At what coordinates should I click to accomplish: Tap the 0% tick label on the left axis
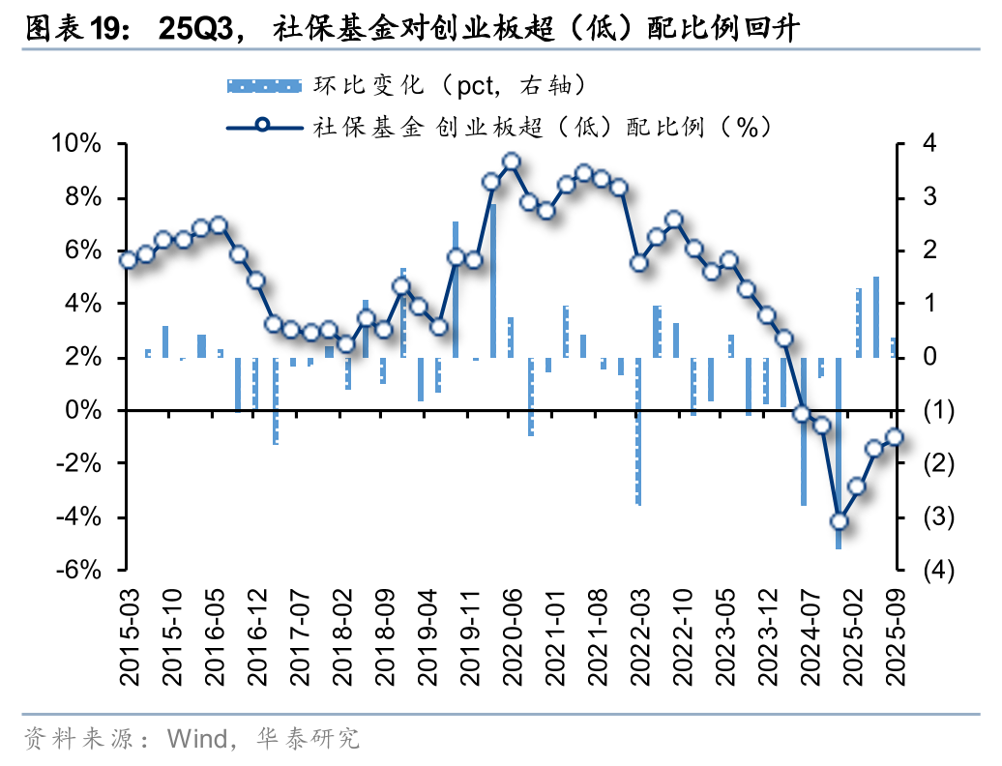(x=85, y=411)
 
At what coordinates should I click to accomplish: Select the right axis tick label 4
(x=929, y=145)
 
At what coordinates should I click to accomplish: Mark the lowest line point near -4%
(x=839, y=521)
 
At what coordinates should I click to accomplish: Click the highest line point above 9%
(x=512, y=162)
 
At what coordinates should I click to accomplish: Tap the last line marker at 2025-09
(x=895, y=437)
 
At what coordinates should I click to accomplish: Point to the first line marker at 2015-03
(x=128, y=259)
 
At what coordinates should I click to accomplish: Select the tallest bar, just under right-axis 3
(x=492, y=280)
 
